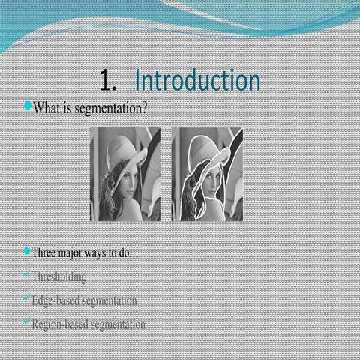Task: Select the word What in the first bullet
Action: point(45,108)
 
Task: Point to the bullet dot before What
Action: point(27,106)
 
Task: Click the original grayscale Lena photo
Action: point(125,174)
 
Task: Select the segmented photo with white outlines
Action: point(206,174)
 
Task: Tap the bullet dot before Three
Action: point(27,250)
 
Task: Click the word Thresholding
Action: point(59,276)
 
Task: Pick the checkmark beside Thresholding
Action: point(26,274)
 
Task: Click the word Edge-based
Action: point(55,300)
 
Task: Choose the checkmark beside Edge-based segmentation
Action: point(26,298)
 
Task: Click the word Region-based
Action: point(59,324)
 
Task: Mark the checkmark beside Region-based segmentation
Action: point(26,322)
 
